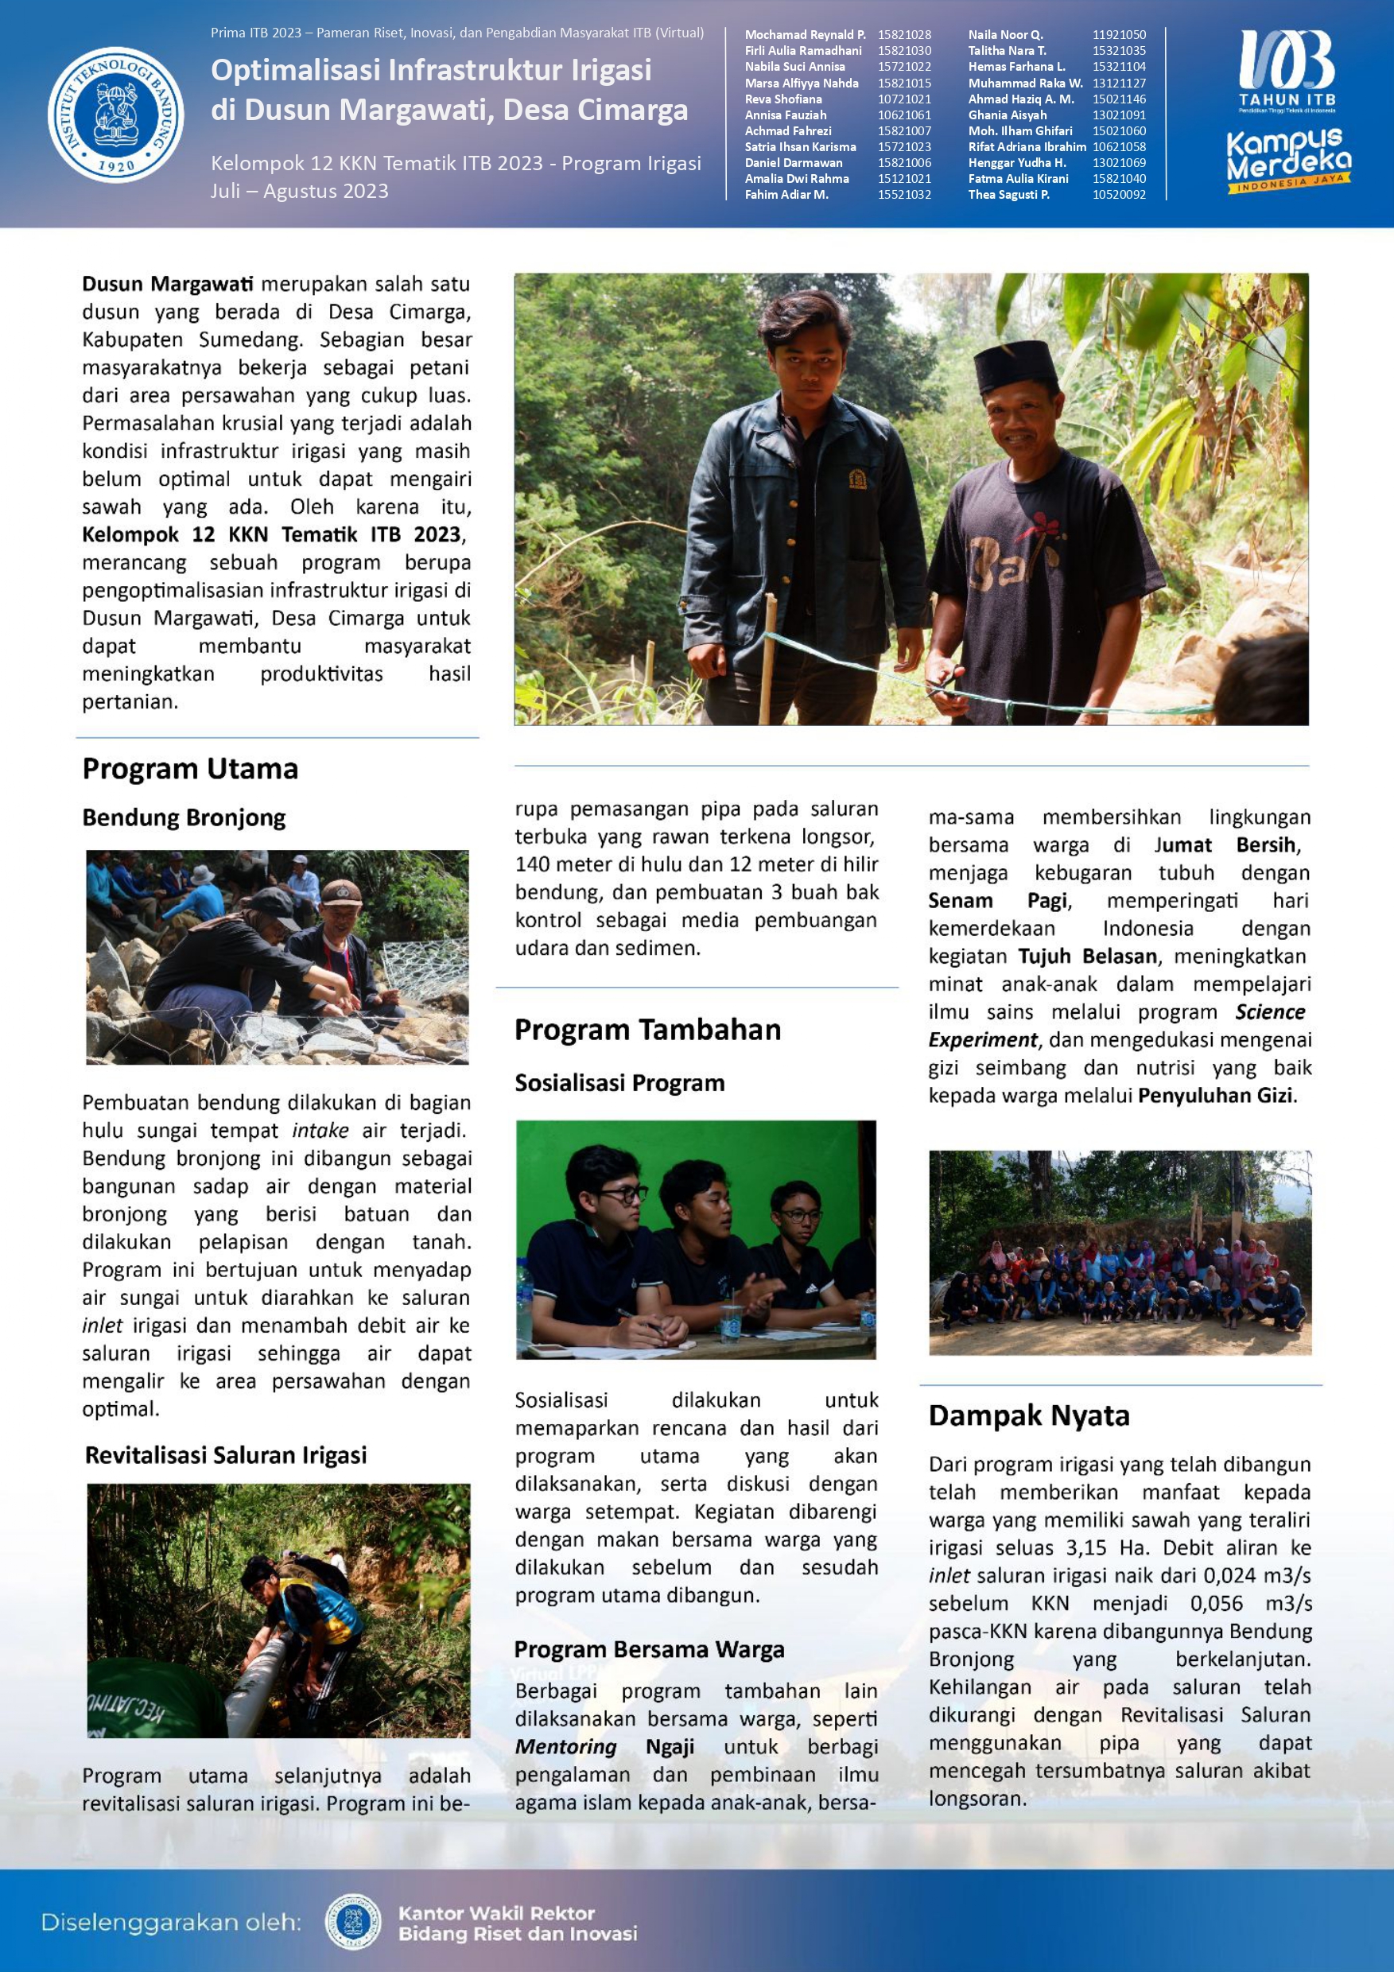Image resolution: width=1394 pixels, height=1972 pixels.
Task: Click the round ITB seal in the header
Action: (116, 115)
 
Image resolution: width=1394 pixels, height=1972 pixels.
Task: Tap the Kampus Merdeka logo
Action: (1287, 161)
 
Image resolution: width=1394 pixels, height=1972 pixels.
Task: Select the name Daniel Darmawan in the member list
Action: (794, 162)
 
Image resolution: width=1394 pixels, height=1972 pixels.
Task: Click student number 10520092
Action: (1118, 195)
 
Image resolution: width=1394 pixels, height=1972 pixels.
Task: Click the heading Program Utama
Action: (190, 769)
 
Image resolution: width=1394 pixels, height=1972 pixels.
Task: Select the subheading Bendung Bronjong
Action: (184, 817)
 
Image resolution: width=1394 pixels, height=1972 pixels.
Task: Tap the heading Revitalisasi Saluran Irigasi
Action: (226, 1455)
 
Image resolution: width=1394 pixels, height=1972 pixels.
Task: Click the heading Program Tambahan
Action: (647, 1030)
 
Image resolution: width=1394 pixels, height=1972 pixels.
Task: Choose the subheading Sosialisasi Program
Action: (619, 1083)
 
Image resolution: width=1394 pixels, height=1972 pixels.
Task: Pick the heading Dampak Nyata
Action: (1028, 1415)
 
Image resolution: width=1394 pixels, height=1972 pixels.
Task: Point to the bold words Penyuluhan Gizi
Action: (1215, 1096)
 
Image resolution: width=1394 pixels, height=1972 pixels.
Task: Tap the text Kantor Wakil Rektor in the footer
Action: (496, 1914)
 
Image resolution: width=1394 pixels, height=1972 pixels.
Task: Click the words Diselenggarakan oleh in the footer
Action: (171, 1923)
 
